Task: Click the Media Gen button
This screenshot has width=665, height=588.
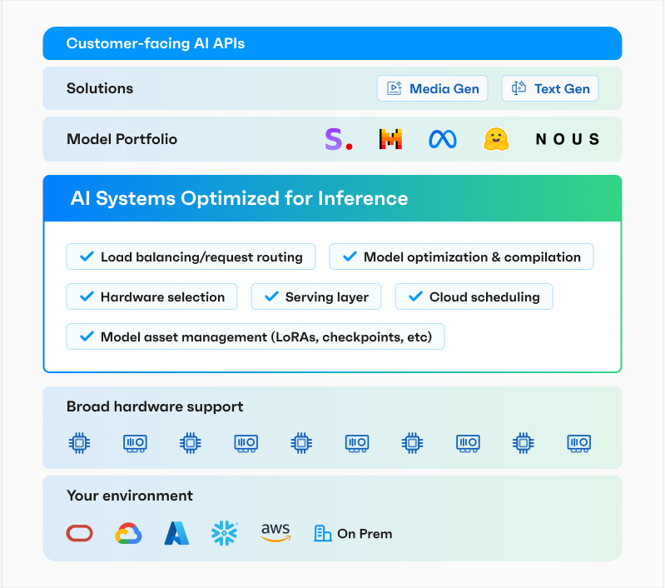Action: point(433,89)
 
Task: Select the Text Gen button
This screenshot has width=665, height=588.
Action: point(550,89)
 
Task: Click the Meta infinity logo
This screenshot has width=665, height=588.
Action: point(443,139)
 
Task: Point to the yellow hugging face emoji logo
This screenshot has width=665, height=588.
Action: point(496,139)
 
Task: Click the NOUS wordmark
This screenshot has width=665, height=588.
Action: point(567,139)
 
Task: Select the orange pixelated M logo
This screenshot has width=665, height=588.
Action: point(390,139)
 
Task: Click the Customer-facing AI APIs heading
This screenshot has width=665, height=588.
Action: point(156,43)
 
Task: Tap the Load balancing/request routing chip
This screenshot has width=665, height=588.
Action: point(191,257)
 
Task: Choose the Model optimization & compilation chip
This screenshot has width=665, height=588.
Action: point(461,257)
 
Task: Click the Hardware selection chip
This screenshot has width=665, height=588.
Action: point(151,296)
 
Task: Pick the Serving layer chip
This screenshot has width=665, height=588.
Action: point(315,296)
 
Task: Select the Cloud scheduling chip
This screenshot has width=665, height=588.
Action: point(473,296)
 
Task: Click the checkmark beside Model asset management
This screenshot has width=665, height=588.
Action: point(85,336)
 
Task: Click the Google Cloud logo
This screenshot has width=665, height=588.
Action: point(128,533)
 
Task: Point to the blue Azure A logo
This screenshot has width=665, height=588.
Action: point(176,533)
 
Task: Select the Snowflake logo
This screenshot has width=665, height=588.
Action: point(225,533)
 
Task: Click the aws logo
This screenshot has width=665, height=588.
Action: point(275,533)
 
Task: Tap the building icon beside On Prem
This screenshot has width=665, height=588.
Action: point(322,533)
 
